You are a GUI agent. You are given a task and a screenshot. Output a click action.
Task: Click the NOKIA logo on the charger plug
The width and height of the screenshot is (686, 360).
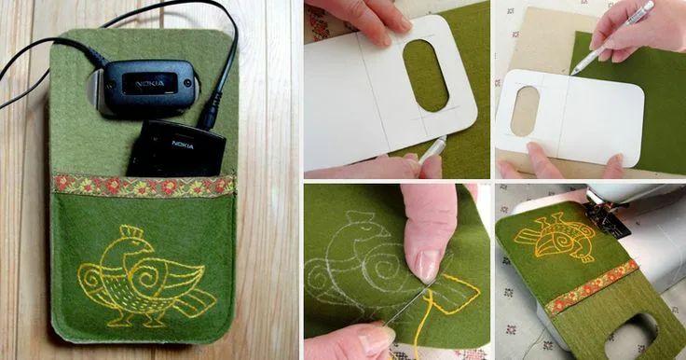click(x=150, y=83)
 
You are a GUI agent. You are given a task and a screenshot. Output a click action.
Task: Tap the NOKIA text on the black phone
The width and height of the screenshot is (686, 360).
click(x=183, y=144)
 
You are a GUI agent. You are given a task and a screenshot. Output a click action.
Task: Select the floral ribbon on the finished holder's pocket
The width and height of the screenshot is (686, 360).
click(x=143, y=185)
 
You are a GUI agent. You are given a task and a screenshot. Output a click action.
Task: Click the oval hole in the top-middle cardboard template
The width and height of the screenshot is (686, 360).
click(x=426, y=76)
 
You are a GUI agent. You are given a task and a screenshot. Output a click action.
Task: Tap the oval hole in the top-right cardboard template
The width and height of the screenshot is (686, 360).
click(x=525, y=110)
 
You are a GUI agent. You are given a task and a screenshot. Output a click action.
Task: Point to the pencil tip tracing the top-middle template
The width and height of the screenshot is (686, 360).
click(x=421, y=161)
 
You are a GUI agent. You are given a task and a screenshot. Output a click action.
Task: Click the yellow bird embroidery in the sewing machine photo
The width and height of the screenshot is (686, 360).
click(x=556, y=237)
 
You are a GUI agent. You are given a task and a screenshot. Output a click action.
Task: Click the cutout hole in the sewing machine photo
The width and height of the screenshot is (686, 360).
click(x=630, y=337)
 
